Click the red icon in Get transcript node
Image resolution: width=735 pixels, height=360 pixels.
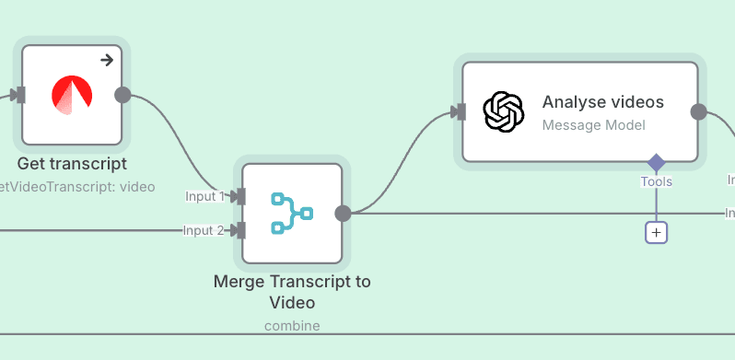click(x=72, y=95)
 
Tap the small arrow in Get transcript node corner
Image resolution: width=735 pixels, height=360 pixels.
click(x=107, y=61)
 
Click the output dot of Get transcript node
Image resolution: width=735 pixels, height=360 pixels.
click(x=122, y=95)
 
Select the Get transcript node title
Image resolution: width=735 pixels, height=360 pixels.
click(x=72, y=165)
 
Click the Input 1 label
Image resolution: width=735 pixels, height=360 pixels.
click(x=204, y=196)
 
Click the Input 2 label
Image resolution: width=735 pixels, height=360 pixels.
click(x=204, y=230)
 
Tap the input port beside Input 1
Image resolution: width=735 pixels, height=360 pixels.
click(x=239, y=196)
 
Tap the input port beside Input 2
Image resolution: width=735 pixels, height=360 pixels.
click(x=239, y=230)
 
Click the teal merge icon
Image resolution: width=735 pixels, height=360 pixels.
click(x=292, y=213)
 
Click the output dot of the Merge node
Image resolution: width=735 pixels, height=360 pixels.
click(x=343, y=214)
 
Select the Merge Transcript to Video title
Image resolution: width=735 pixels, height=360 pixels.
click(x=292, y=292)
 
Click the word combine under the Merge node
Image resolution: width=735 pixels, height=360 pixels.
click(x=292, y=326)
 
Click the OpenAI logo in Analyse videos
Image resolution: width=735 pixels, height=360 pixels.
click(x=504, y=111)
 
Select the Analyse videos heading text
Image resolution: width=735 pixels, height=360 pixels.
click(x=602, y=101)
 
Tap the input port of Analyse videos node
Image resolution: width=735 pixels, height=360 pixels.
click(x=458, y=111)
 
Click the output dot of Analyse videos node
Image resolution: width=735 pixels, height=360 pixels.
click(x=698, y=111)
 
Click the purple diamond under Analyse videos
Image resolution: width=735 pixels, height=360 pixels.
click(x=656, y=163)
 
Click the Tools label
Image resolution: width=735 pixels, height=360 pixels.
click(x=656, y=182)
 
